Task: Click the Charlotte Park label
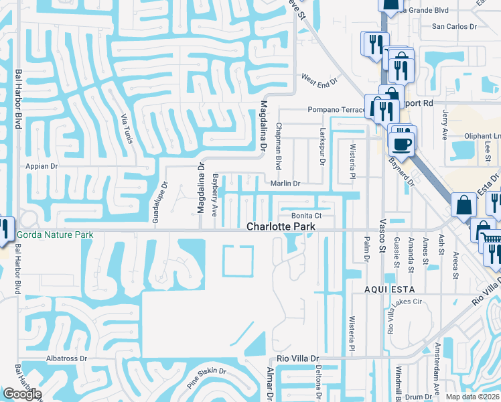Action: (281, 226)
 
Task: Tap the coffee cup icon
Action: (403, 143)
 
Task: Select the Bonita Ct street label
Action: (307, 216)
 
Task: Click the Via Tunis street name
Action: (125, 128)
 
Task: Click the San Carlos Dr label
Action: (453, 27)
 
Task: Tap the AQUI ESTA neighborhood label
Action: (389, 289)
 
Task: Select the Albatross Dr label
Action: (67, 358)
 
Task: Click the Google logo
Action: (22, 394)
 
